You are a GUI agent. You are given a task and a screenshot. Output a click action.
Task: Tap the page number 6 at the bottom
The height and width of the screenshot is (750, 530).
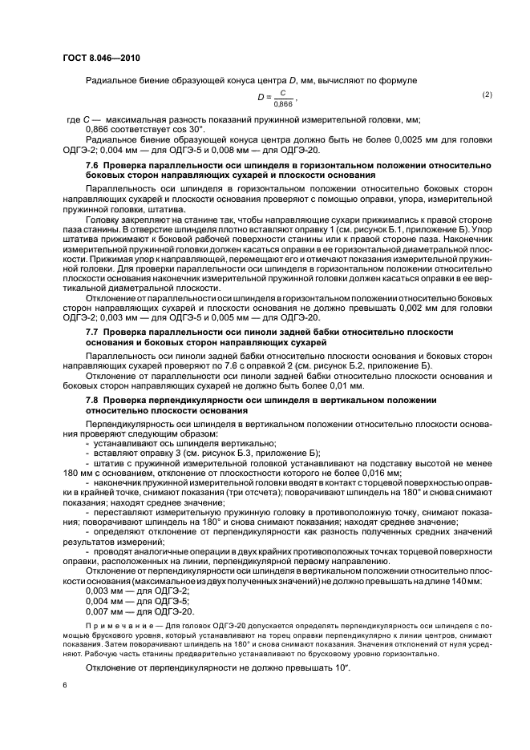(63, 686)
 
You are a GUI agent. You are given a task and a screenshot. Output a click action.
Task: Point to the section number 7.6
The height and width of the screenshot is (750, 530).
(92, 164)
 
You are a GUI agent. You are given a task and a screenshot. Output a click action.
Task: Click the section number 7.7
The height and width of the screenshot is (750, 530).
(92, 330)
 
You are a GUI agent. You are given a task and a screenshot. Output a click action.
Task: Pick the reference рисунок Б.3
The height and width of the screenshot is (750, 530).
(197, 452)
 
